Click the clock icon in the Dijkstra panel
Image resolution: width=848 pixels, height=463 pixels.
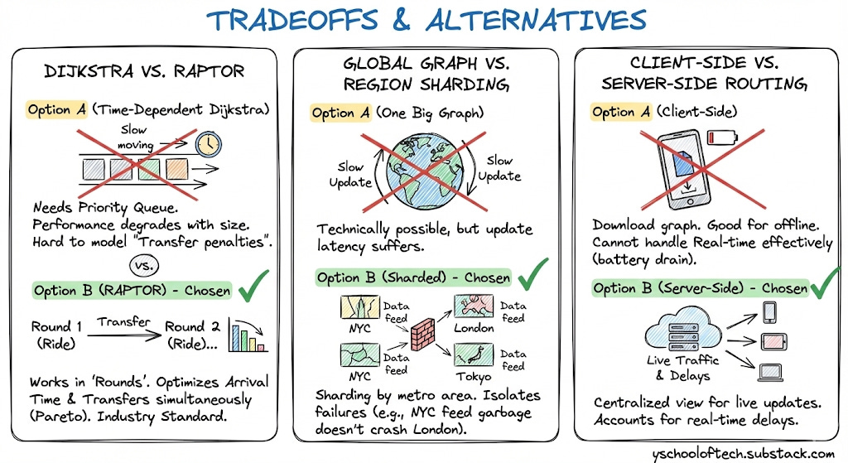coord(209,145)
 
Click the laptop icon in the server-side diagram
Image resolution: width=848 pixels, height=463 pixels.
coord(769,373)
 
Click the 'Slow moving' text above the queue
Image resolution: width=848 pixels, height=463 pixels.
coord(136,137)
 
